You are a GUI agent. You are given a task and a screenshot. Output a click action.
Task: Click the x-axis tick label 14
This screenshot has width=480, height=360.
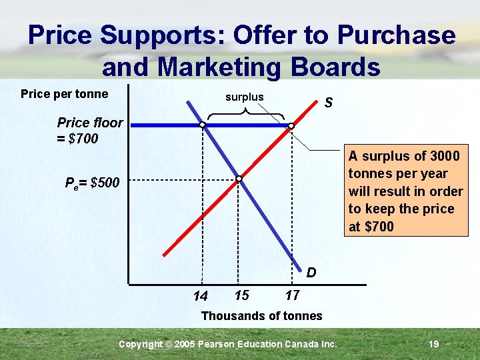click(x=200, y=296)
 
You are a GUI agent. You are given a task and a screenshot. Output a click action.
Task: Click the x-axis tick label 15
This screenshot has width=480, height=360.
click(x=242, y=295)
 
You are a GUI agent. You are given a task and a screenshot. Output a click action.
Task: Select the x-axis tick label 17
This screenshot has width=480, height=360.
click(x=292, y=295)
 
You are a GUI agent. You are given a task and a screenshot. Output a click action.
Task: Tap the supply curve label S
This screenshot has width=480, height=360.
click(x=328, y=103)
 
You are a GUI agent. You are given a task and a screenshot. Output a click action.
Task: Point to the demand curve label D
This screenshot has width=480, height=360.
click(x=311, y=273)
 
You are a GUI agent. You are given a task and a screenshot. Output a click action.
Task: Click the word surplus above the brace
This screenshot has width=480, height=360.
click(x=245, y=97)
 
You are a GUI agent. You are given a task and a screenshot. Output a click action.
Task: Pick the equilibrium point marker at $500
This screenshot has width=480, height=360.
click(x=239, y=179)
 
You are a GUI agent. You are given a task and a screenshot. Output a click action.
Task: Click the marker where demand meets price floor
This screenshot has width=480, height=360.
click(x=202, y=125)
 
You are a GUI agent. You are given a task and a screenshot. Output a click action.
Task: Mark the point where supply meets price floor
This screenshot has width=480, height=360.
click(x=291, y=125)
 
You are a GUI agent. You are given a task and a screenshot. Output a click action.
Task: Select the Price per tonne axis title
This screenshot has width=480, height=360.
click(x=64, y=94)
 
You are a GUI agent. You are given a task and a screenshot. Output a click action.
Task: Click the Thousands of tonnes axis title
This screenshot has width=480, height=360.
click(x=261, y=316)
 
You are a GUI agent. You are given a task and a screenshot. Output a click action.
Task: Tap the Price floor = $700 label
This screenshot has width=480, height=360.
click(x=89, y=131)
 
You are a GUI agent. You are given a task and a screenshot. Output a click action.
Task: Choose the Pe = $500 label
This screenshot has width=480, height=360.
click(x=93, y=183)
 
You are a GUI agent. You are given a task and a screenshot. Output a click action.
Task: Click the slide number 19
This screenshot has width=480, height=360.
click(x=433, y=344)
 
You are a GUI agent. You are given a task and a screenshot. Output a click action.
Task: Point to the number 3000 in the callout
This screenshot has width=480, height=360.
click(x=445, y=156)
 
